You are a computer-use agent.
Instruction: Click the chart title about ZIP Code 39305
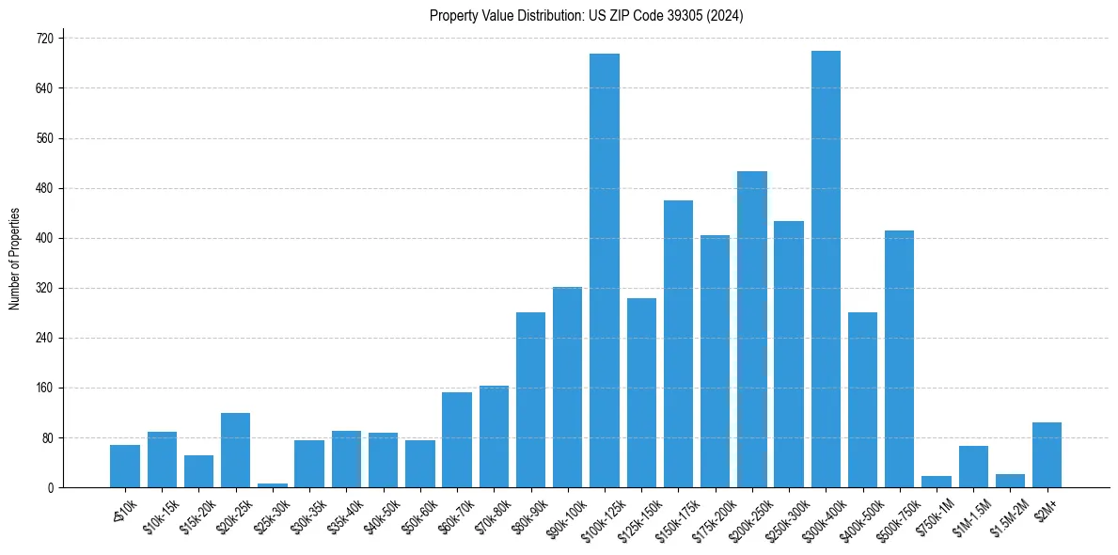587,15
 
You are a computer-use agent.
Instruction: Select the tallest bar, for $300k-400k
826,269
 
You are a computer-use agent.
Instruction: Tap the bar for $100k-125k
605,271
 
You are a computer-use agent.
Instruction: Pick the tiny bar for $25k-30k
273,484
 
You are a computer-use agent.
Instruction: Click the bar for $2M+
1047,455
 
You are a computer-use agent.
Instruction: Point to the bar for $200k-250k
752,329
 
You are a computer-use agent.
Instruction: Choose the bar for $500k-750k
899,359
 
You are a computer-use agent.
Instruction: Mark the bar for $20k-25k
236,451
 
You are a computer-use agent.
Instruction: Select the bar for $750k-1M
937,482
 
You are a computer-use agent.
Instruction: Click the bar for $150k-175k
678,344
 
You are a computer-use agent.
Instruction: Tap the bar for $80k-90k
530,400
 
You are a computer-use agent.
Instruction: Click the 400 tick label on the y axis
46,238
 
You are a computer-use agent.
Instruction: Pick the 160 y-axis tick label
46,388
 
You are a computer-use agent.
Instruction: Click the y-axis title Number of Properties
15,259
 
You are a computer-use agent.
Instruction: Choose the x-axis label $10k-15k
159,516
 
